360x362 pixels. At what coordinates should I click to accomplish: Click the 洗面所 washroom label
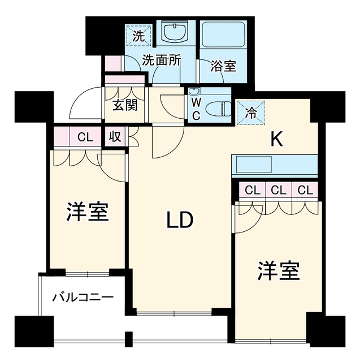(x=162, y=61)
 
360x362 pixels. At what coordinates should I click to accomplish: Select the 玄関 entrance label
(x=125, y=105)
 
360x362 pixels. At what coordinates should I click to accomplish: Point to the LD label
(x=180, y=220)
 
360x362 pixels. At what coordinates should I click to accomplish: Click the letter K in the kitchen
(x=276, y=139)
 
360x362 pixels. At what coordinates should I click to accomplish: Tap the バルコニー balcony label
(x=83, y=298)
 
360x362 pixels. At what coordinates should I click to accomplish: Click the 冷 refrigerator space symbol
(x=251, y=113)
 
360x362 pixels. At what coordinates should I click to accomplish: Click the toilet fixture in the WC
(x=218, y=109)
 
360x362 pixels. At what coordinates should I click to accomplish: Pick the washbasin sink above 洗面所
(x=176, y=32)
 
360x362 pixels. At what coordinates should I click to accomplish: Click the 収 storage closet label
(x=115, y=137)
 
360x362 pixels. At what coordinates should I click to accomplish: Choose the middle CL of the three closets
(x=279, y=190)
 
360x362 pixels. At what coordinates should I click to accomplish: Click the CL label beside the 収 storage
(x=85, y=137)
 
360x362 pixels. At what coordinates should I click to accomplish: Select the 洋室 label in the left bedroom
(x=88, y=212)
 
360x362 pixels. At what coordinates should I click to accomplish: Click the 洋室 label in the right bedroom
(x=279, y=270)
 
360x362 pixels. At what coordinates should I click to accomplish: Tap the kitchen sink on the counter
(x=254, y=165)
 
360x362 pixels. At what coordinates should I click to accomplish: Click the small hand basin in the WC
(x=193, y=92)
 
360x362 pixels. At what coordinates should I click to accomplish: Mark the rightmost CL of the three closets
(x=305, y=190)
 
